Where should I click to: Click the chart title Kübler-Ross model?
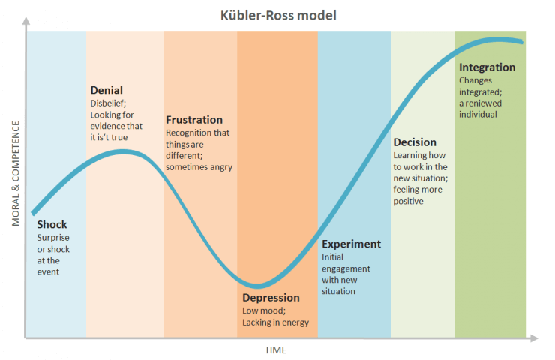pyautogui.click(x=277, y=15)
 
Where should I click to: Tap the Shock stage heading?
pyautogui.click(x=52, y=224)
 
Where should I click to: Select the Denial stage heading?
pyautogui.click(x=106, y=91)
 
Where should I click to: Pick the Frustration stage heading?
pyautogui.click(x=194, y=120)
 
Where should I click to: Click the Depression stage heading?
pyautogui.click(x=271, y=298)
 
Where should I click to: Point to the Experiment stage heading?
pyautogui.click(x=351, y=244)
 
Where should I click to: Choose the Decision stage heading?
pyautogui.click(x=415, y=142)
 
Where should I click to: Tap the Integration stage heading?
pyautogui.click(x=487, y=67)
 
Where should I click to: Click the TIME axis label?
pyautogui.click(x=275, y=350)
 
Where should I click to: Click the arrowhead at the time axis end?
pyautogui.click(x=533, y=338)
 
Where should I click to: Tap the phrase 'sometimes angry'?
pyautogui.click(x=199, y=166)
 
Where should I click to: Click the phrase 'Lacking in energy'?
pyautogui.click(x=275, y=322)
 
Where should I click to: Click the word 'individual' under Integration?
pyautogui.click(x=478, y=114)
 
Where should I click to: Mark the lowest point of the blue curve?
pyautogui.click(x=256, y=285)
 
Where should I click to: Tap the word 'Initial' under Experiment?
pyautogui.click(x=332, y=256)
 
